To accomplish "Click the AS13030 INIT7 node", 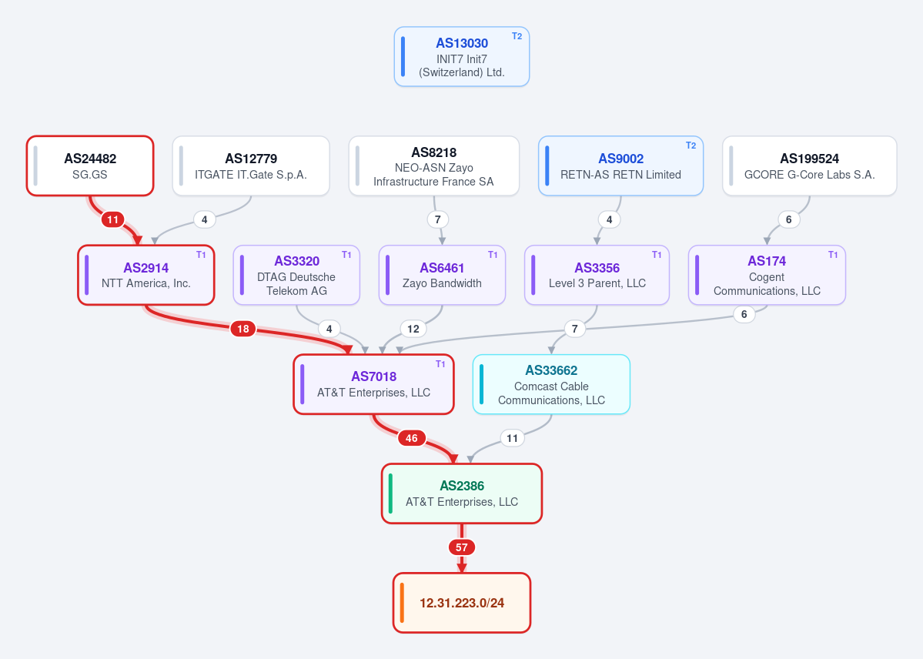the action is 462,56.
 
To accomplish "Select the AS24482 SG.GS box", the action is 90,166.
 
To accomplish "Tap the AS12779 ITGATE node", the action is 251,166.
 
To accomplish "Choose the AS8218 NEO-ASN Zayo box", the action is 434,166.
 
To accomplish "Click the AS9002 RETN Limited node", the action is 620,166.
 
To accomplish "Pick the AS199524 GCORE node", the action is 809,166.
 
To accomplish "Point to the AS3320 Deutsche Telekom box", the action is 296,275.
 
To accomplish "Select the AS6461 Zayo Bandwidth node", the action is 442,275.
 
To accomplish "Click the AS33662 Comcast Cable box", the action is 551,385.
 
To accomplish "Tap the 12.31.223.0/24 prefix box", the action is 462,603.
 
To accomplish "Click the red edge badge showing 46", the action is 412,438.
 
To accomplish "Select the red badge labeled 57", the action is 462,547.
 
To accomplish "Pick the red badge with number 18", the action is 243,329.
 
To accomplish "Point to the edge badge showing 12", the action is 413,329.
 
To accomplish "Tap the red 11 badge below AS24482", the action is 112,219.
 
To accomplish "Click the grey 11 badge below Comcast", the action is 512,438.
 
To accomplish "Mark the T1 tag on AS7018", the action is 440,364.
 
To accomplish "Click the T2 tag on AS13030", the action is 517,36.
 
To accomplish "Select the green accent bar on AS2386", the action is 390,493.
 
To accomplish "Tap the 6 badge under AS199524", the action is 789,219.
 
